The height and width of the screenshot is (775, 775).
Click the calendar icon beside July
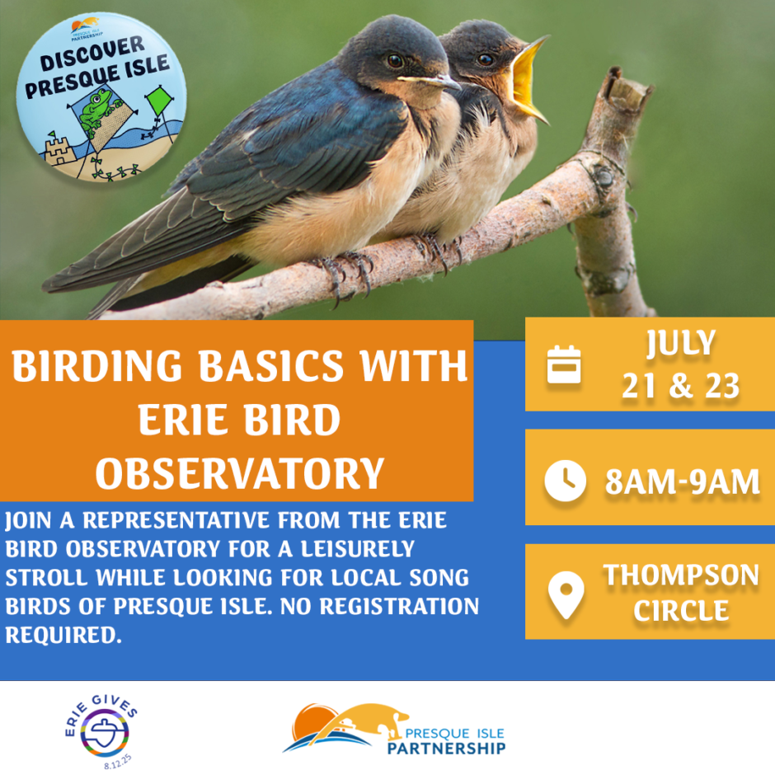(x=564, y=364)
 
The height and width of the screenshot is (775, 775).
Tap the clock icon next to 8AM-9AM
(x=565, y=481)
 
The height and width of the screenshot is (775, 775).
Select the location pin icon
(x=566, y=594)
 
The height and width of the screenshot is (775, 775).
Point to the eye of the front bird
(x=394, y=61)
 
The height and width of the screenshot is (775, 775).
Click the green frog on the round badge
(x=96, y=109)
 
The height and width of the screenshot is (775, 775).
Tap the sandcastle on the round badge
(x=59, y=148)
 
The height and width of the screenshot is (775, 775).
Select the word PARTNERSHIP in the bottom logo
(x=446, y=748)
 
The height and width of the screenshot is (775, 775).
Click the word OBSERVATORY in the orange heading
(x=240, y=473)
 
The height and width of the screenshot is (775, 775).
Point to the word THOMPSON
(x=681, y=575)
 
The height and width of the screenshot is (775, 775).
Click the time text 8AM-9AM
(x=683, y=481)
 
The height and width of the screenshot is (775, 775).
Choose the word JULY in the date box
(x=681, y=342)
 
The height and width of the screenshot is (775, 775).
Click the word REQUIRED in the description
(x=63, y=635)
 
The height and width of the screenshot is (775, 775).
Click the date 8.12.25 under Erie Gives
(x=118, y=762)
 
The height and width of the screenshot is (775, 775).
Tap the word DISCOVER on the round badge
(x=92, y=54)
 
